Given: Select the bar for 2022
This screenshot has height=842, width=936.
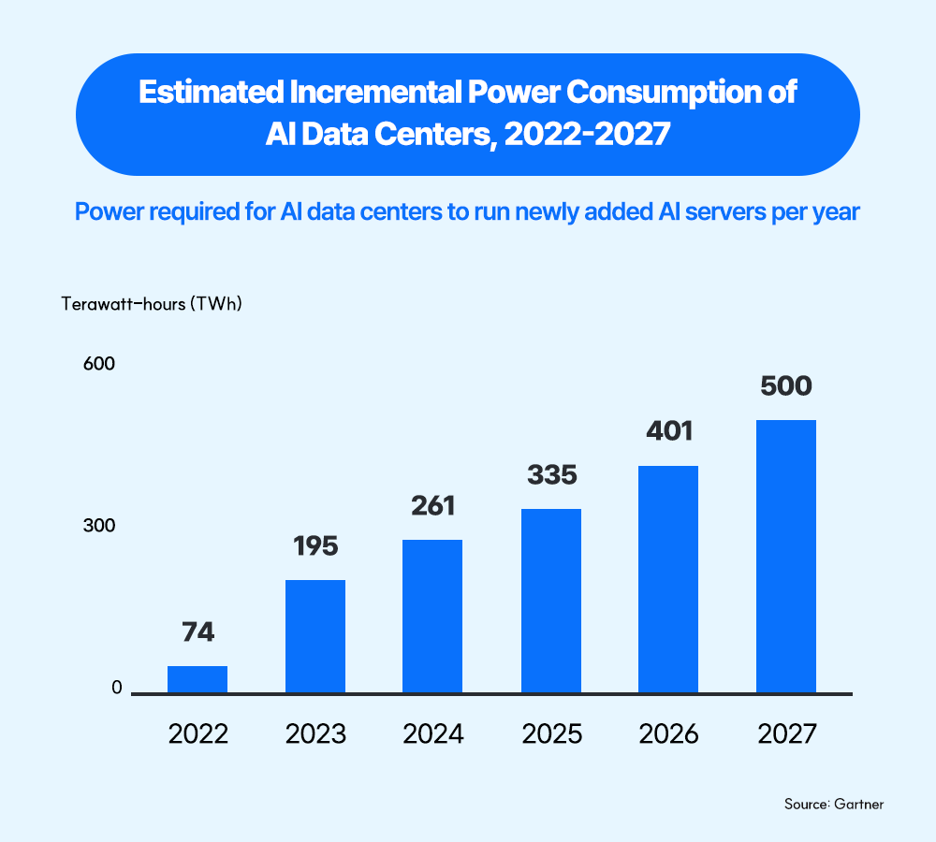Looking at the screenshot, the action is tap(197, 679).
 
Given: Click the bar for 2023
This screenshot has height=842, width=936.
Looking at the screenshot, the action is tap(315, 636).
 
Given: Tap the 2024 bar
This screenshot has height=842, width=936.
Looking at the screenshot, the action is tap(432, 617).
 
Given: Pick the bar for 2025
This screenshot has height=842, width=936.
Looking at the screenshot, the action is tap(551, 601).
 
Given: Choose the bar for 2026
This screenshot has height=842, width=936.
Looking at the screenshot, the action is tap(668, 579).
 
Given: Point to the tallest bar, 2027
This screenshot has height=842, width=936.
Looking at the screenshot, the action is tap(786, 556).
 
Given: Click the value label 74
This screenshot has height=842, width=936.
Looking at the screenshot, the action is tap(198, 631).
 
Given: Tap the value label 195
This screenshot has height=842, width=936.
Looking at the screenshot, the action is tap(315, 546).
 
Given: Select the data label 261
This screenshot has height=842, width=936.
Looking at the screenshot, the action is tap(432, 506).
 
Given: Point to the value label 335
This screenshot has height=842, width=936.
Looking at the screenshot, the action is tap(552, 475).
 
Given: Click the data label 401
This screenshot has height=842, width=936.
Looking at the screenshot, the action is tap(669, 431).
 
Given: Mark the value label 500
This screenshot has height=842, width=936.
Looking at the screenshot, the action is tap(786, 386).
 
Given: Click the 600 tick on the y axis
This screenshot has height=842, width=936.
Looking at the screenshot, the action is tap(99, 363).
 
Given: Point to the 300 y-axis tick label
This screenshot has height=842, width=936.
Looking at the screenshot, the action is tap(99, 525).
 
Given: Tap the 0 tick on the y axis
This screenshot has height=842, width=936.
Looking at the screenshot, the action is tap(117, 688).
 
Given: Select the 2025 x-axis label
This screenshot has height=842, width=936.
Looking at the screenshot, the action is tap(552, 734).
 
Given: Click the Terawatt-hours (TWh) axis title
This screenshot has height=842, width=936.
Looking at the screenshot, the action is tap(152, 304).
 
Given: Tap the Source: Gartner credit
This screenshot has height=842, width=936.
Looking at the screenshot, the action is tap(834, 805).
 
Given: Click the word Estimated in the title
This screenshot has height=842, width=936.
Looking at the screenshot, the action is tap(212, 93).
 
